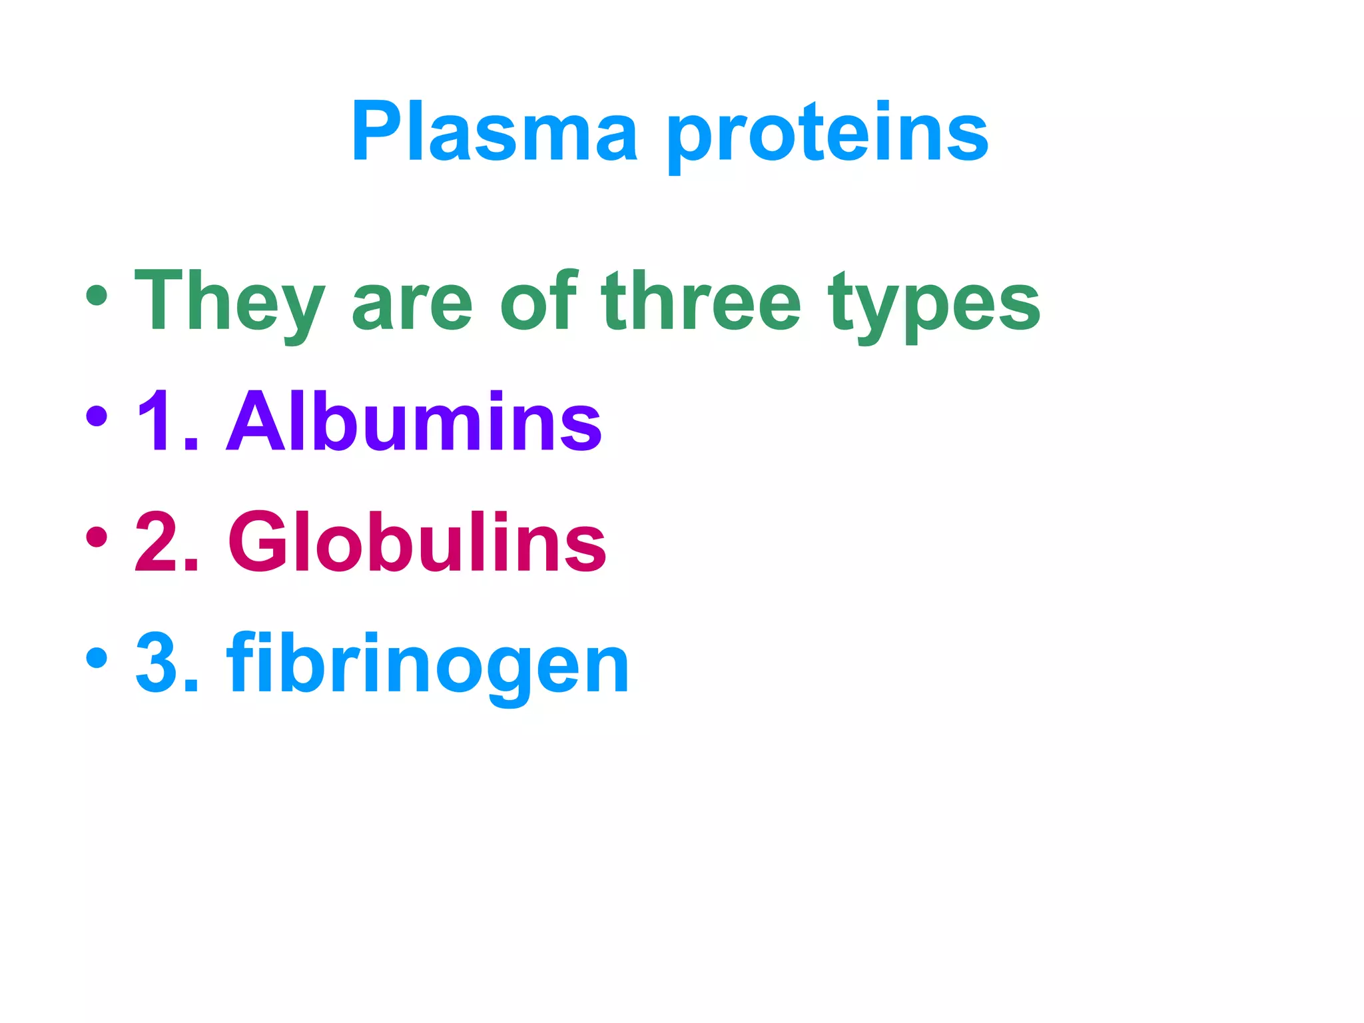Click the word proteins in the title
coord(827,137)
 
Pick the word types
coord(934,306)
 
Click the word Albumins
coord(414,421)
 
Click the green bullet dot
coord(97,295)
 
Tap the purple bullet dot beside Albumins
coord(97,416)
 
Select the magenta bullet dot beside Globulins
coord(97,537)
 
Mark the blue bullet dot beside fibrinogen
coord(97,657)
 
